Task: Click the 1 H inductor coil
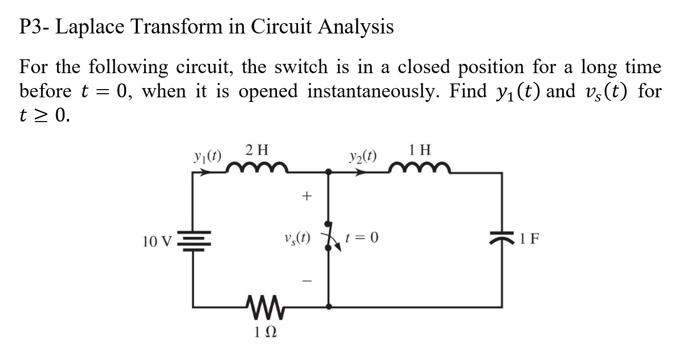[420, 167]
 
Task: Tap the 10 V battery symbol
[194, 240]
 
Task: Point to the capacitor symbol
[502, 238]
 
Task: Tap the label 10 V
[158, 241]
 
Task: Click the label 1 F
[528, 238]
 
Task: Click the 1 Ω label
[266, 333]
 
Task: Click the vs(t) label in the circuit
[297, 238]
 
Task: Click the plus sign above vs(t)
[307, 196]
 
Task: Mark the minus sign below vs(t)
[307, 281]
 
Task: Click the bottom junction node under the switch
[328, 306]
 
